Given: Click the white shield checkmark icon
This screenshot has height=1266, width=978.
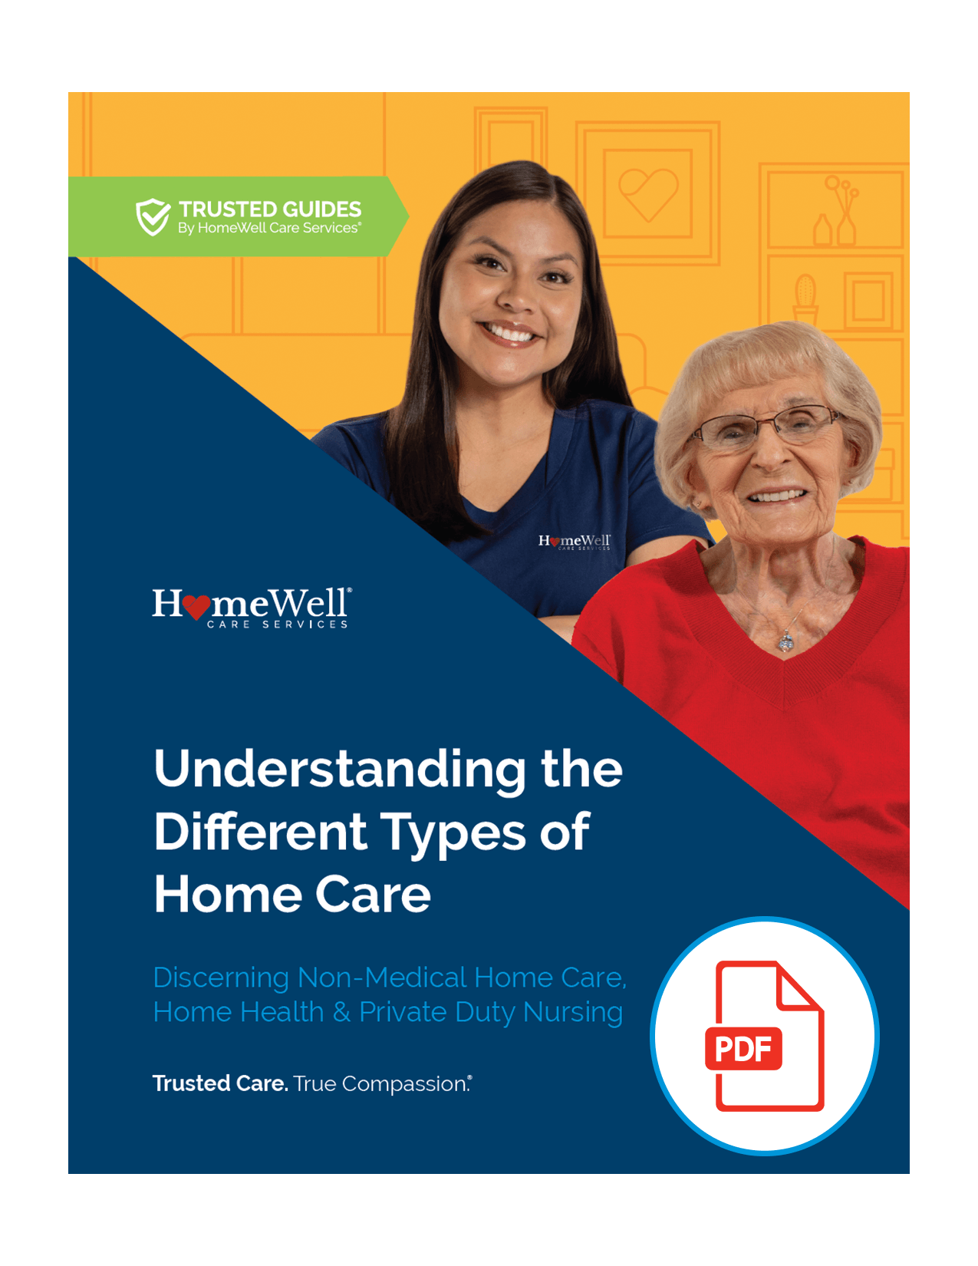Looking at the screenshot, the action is point(153,216).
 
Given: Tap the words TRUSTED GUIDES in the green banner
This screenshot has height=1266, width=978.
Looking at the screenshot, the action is point(270,209).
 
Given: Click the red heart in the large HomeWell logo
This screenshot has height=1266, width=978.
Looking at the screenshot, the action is point(196,607).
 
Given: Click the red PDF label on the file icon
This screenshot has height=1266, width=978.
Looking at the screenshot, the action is point(743,1049).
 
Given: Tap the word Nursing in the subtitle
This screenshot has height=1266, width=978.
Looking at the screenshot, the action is point(573,1013).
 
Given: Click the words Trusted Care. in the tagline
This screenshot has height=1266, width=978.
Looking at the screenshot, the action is point(220,1083).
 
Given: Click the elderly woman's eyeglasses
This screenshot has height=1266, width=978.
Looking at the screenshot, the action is point(765,427).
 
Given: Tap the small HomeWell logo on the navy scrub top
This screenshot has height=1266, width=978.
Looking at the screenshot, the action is point(575,542).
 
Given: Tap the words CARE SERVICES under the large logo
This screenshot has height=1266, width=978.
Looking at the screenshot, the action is point(277,625).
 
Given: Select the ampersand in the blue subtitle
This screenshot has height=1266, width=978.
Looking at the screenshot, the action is point(342,1013).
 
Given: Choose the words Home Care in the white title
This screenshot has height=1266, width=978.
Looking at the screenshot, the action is point(292,895).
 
